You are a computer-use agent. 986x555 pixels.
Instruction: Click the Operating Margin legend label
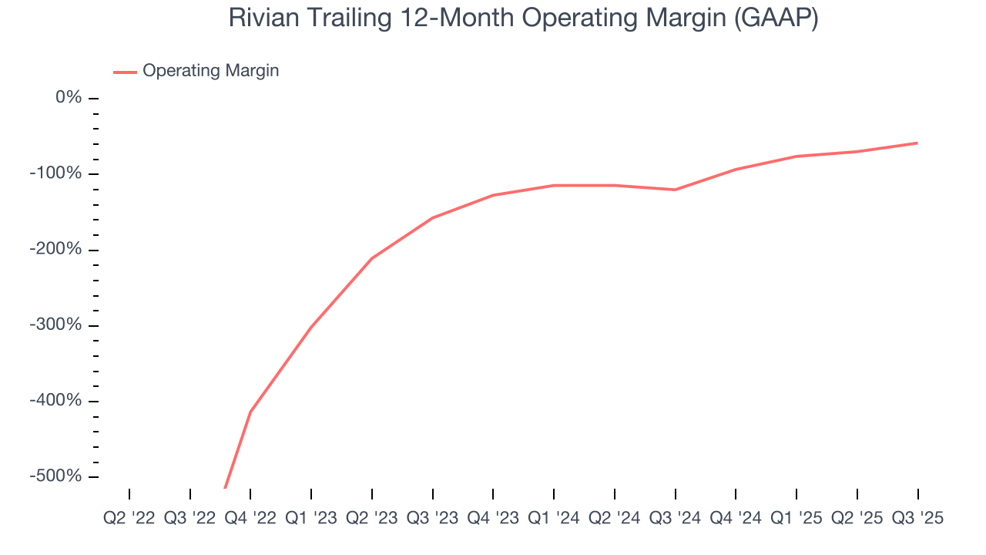210,71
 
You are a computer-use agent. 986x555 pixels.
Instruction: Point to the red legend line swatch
125,72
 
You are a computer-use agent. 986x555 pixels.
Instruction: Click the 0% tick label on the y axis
69,98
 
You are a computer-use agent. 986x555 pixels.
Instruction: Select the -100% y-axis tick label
55,173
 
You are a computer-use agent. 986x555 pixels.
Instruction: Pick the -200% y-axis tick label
55,250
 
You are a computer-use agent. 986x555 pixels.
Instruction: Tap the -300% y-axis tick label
55,325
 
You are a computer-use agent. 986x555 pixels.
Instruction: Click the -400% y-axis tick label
55,401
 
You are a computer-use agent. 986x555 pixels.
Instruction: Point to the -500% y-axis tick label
55,476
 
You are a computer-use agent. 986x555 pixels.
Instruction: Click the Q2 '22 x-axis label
129,518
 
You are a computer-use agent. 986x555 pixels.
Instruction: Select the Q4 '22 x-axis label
250,518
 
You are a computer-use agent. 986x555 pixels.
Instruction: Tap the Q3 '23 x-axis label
433,518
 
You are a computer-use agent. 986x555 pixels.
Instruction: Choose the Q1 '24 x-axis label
554,518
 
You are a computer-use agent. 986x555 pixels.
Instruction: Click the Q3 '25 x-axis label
917,518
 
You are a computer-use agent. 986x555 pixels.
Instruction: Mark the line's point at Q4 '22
250,412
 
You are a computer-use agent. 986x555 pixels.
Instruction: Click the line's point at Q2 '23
372,258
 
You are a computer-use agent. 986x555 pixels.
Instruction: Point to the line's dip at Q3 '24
676,190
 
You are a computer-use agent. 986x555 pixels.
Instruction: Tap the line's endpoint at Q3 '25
917,143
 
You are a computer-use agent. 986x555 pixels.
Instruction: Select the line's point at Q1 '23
311,327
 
